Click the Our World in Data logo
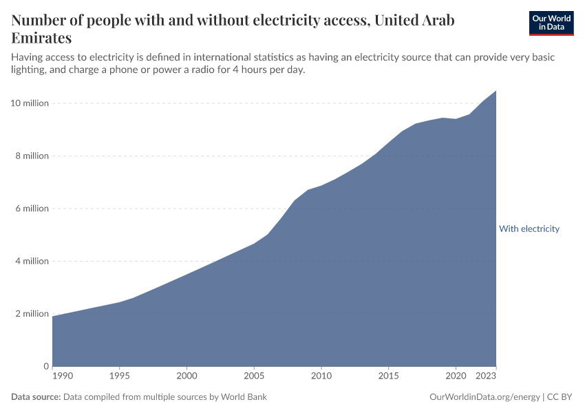[x=551, y=23]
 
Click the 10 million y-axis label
[x=30, y=103]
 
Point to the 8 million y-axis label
[x=32, y=156]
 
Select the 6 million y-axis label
[x=32, y=209]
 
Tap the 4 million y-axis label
[x=32, y=262]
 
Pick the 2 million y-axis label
[x=32, y=314]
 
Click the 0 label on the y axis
[x=46, y=366]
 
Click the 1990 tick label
[x=62, y=377]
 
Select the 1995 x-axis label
[x=120, y=377]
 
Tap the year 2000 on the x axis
[x=187, y=377]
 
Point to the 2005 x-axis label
[x=254, y=377]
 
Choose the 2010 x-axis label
[x=321, y=377]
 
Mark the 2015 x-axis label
[x=388, y=377]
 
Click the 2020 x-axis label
[x=455, y=377]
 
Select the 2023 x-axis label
[x=486, y=377]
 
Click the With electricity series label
[x=529, y=229]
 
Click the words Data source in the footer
[x=36, y=397]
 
